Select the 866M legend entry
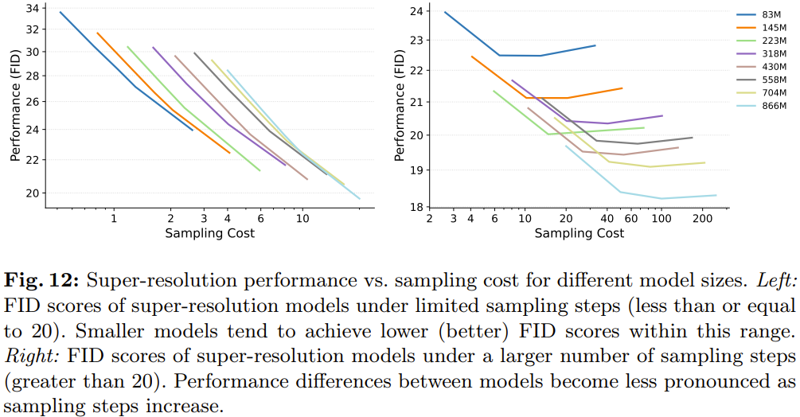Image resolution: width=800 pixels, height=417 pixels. tap(761, 106)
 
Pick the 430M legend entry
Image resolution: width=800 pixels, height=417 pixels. tap(761, 67)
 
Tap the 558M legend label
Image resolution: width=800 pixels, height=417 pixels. tap(775, 80)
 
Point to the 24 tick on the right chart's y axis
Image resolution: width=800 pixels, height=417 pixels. tap(416, 11)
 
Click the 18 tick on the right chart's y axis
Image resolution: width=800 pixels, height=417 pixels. tap(416, 207)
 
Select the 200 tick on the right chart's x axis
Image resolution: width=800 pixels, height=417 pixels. tap(703, 218)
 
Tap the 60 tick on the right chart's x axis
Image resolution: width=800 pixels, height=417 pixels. tap(631, 218)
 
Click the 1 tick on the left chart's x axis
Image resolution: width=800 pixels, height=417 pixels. tap(114, 218)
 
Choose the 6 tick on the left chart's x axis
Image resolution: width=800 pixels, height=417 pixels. tap(261, 218)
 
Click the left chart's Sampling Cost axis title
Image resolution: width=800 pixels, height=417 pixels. tap(209, 233)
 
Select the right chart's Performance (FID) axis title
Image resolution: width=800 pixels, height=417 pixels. tap(400, 106)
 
